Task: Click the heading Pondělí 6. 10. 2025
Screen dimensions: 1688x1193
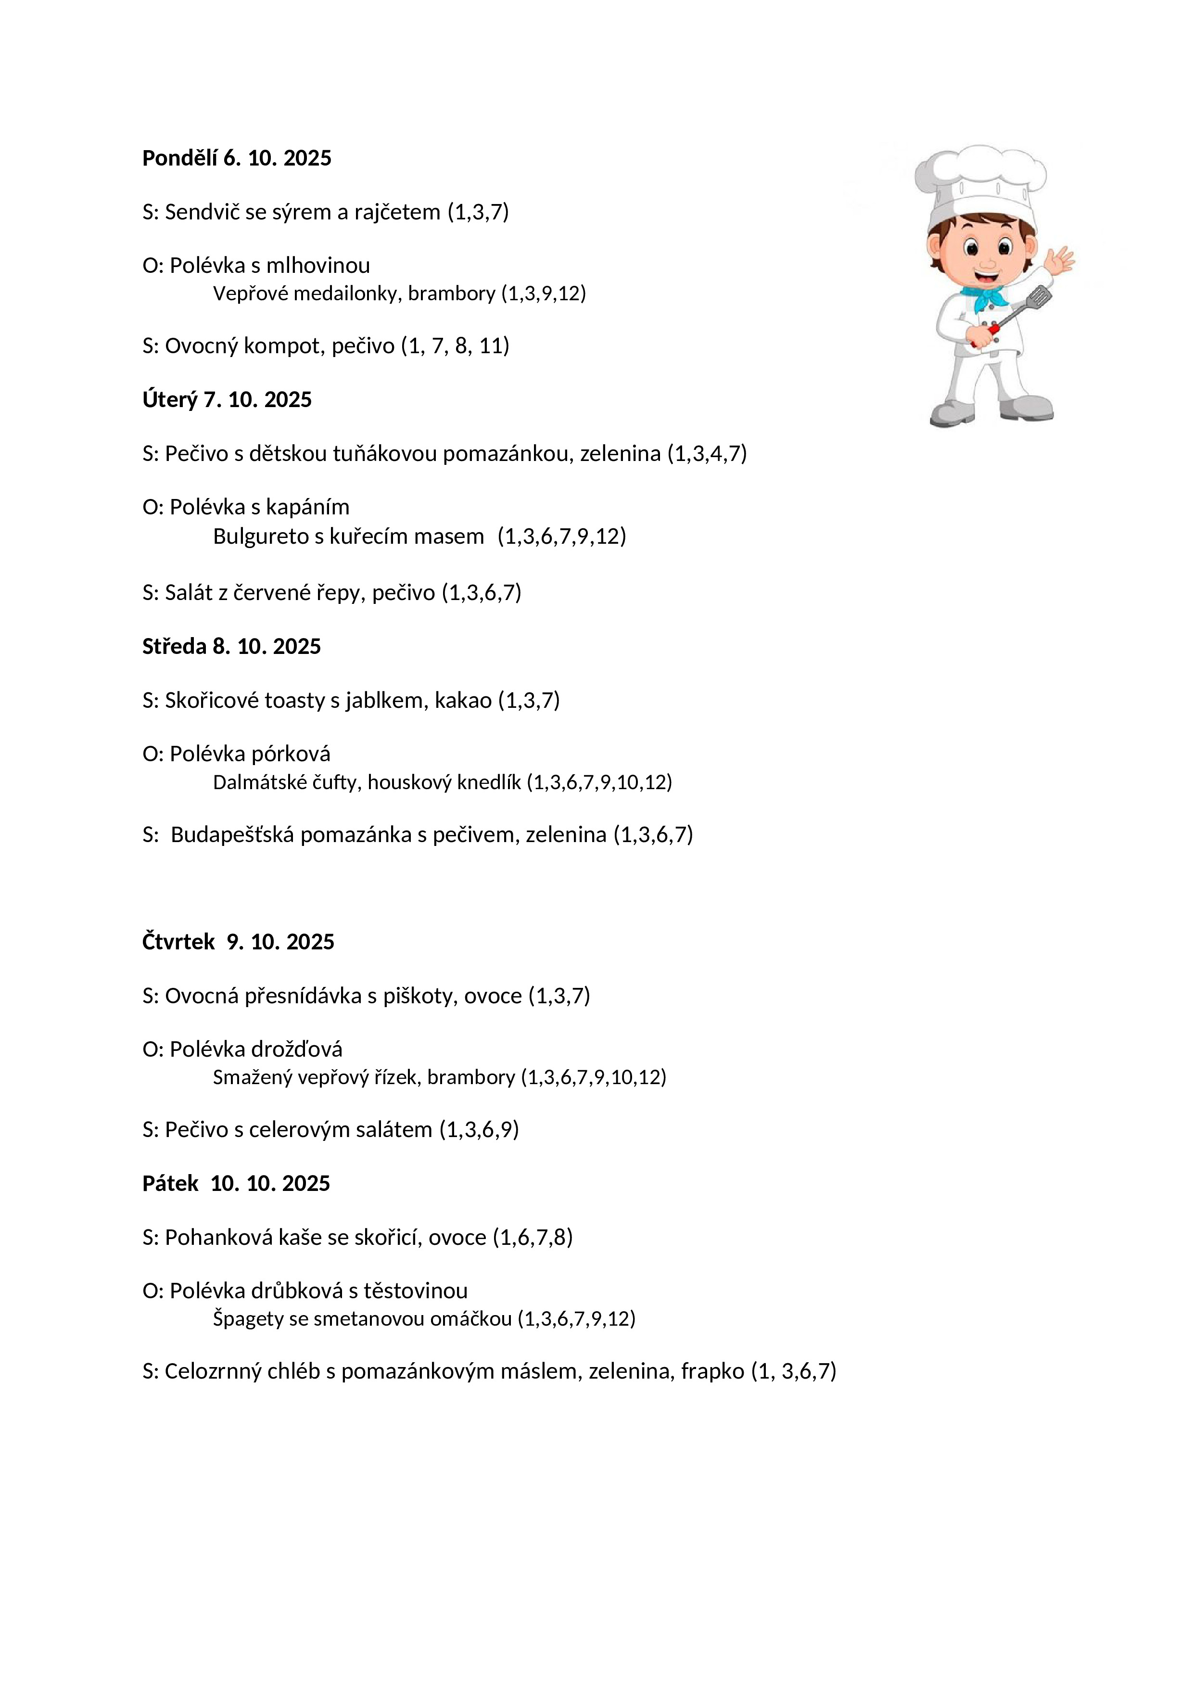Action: click(237, 158)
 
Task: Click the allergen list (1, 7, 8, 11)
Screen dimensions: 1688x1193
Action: click(455, 345)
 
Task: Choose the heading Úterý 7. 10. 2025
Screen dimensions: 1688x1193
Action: click(227, 400)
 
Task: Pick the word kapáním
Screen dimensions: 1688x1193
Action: click(307, 507)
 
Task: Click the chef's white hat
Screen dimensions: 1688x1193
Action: click(980, 180)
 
